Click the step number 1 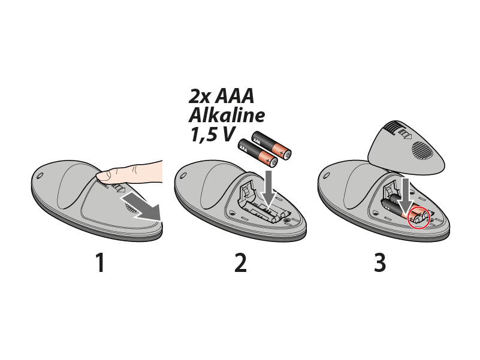click(x=101, y=262)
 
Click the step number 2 click(x=241, y=262)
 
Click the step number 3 click(x=380, y=262)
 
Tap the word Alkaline click(x=227, y=116)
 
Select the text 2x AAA click(x=221, y=96)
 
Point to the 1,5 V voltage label click(x=213, y=134)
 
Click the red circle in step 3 click(x=419, y=217)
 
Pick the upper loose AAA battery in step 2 click(x=271, y=146)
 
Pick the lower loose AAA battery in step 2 click(x=258, y=153)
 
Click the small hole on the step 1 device click(x=40, y=176)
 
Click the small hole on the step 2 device click(x=183, y=176)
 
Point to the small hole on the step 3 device click(x=327, y=176)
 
